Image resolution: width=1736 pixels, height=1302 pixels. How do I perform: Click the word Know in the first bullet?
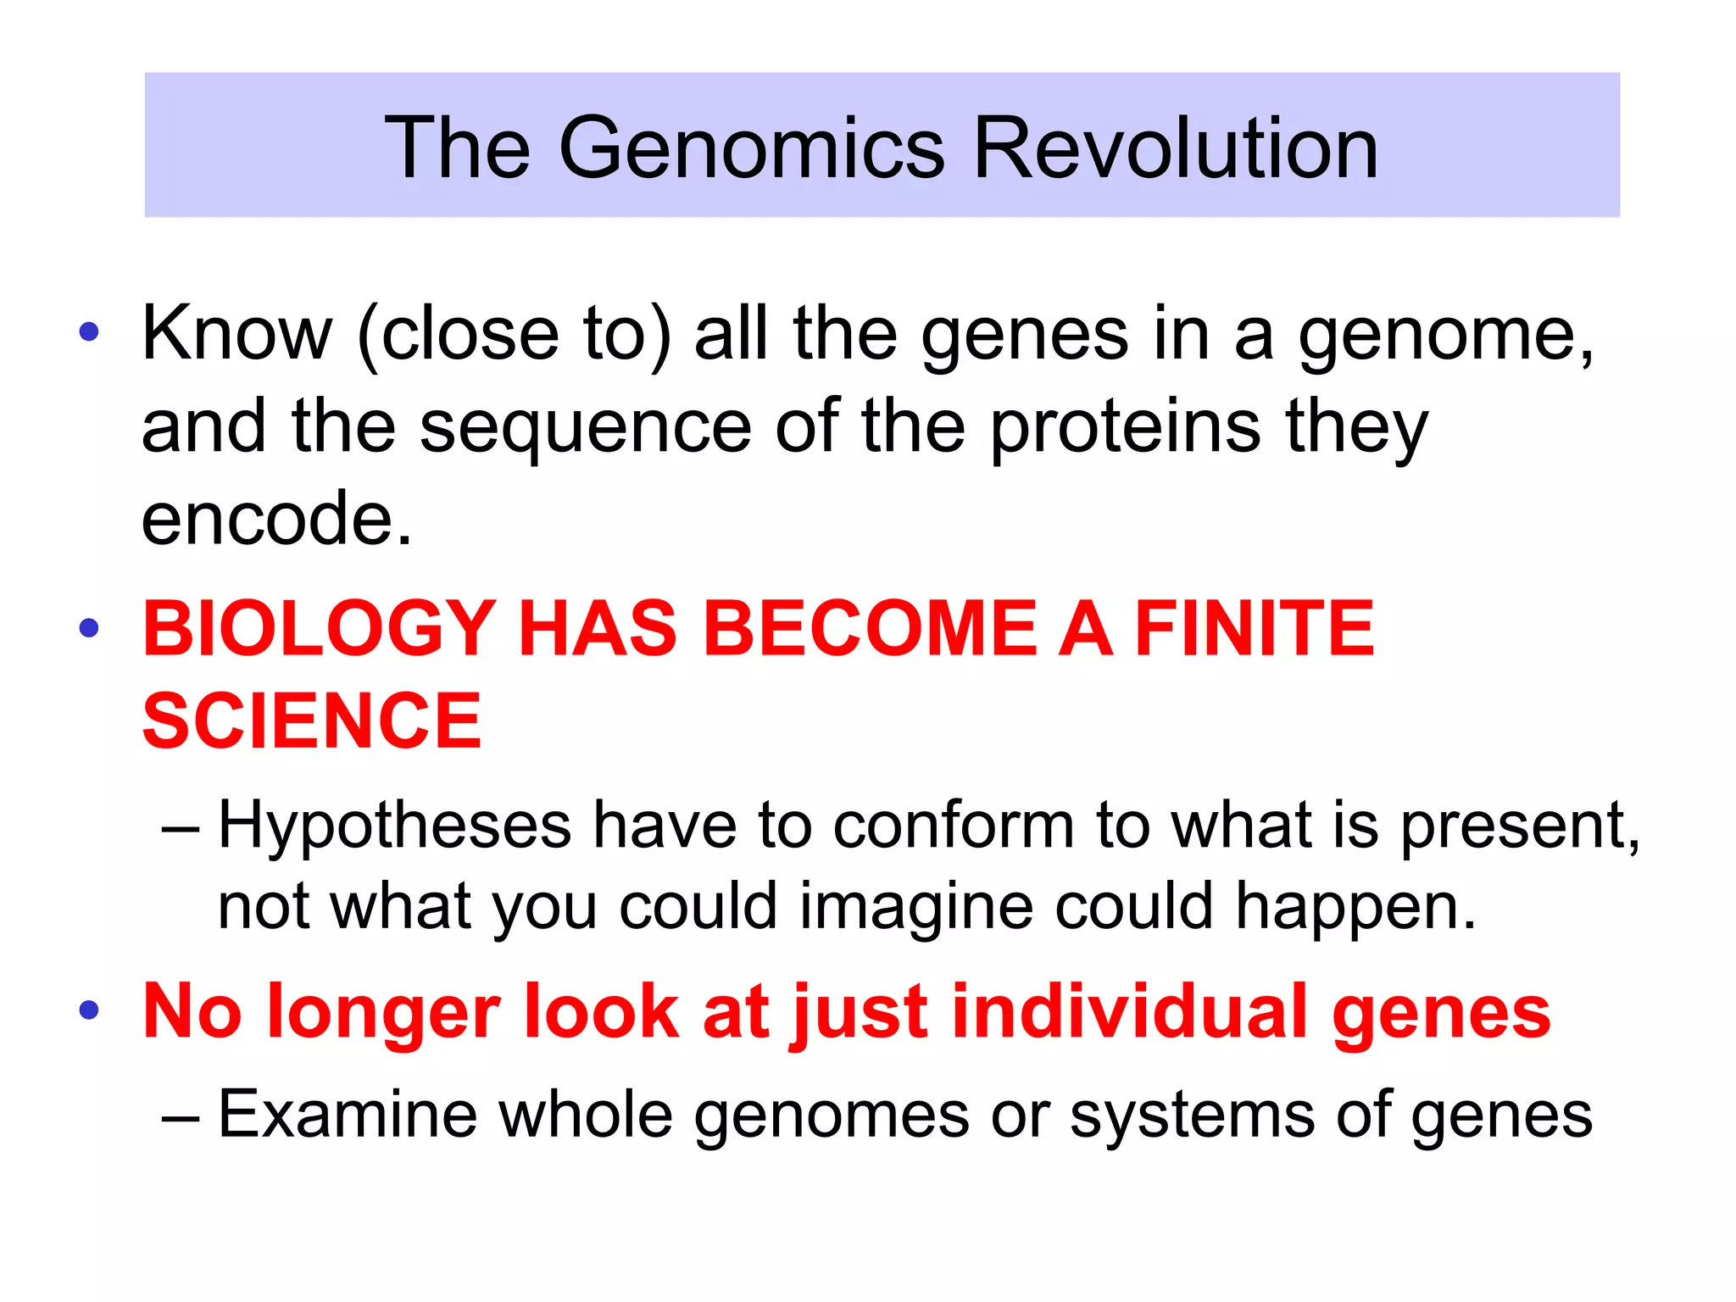pos(236,333)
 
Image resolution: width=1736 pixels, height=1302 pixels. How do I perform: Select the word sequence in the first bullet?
pos(585,426)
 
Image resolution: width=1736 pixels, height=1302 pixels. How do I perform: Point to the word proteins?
pos(1125,426)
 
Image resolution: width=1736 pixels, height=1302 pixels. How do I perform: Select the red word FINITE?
pos(1254,629)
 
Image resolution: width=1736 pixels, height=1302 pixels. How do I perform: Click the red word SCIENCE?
pos(312,721)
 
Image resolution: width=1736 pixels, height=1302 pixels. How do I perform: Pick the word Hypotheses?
pos(394,825)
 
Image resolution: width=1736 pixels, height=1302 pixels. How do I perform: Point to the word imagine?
pos(916,907)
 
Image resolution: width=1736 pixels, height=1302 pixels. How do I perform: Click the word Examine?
pos(348,1115)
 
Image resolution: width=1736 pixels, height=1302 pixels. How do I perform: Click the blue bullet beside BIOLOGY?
pos(89,629)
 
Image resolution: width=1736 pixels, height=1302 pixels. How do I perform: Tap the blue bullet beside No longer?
pos(89,1010)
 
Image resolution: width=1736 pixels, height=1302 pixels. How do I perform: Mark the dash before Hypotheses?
pos(181,826)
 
